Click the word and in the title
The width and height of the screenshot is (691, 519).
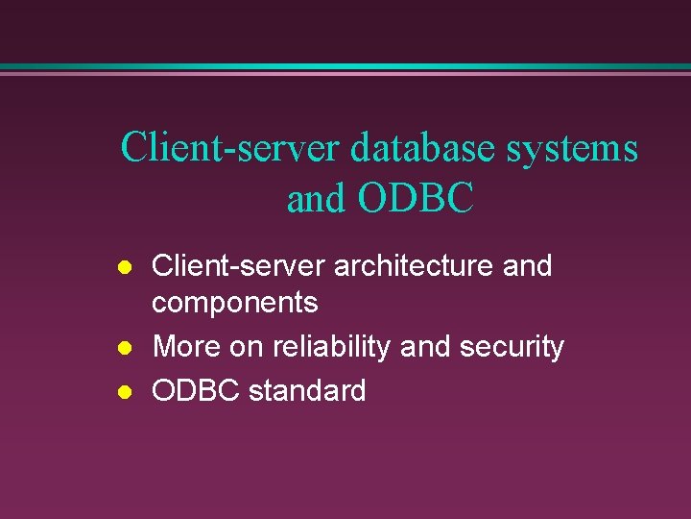point(317,198)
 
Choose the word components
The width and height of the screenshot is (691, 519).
point(235,303)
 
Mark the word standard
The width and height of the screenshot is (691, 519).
point(307,390)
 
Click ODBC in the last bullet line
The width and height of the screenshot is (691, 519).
point(196,390)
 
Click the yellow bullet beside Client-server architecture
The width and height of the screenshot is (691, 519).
point(122,266)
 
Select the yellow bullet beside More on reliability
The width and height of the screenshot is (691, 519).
point(122,347)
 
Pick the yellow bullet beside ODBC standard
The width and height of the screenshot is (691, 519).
point(122,391)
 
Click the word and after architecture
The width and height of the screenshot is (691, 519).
point(527,265)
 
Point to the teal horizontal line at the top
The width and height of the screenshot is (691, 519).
point(345,66)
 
